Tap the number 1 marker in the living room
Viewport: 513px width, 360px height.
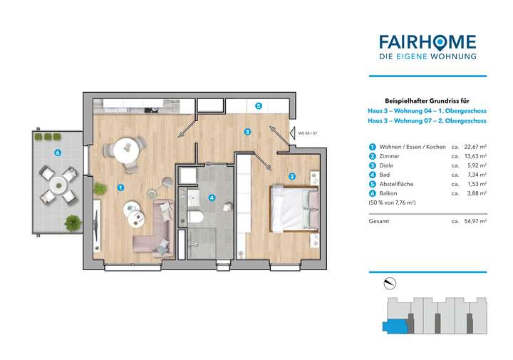click(120, 187)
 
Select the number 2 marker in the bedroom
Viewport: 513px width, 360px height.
click(292, 176)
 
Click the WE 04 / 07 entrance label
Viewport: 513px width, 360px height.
click(309, 133)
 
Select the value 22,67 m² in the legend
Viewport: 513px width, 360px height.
click(475, 147)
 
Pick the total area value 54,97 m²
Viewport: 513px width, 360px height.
click(475, 222)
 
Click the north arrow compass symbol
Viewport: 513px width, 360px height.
click(388, 284)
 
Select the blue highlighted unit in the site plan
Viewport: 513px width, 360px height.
click(391, 326)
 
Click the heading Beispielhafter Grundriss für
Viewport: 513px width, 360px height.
click(427, 102)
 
